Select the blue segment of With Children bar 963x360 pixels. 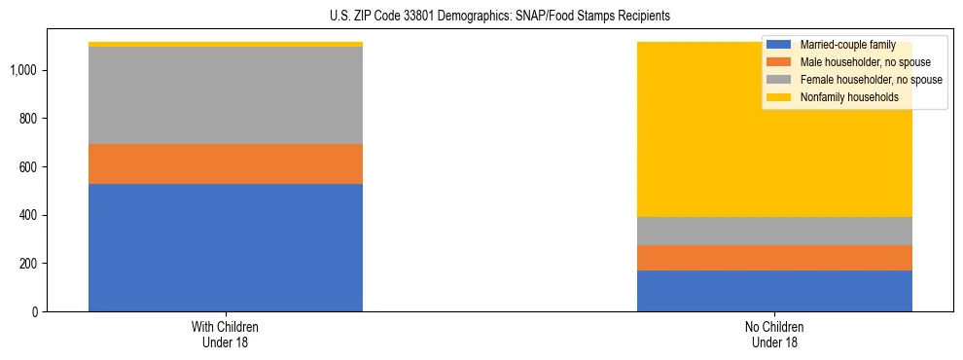tap(226, 247)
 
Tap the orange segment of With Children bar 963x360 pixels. tap(226, 163)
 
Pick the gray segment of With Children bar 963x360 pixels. tap(226, 95)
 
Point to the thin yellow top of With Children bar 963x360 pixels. tap(226, 44)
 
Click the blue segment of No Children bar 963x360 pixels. tap(774, 291)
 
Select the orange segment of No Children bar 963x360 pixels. tap(774, 258)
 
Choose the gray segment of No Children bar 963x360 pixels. tap(774, 231)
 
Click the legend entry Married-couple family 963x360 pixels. tap(839, 45)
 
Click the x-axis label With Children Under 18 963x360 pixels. tap(226, 335)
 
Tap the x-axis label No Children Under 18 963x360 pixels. tap(774, 335)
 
